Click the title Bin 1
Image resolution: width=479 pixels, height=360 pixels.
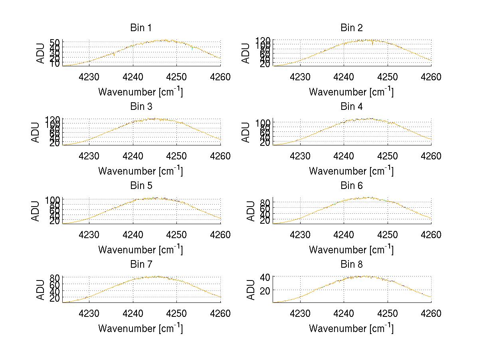pos(141,28)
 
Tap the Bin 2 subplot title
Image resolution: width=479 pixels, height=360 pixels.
pos(352,28)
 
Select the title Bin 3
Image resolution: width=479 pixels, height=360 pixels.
pos(141,107)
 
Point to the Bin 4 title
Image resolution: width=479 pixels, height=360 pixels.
pos(352,107)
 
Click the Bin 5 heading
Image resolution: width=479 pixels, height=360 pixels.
pos(141,186)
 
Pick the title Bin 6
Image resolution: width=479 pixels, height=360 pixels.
pos(352,186)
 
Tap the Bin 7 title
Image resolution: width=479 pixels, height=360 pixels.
pos(141,265)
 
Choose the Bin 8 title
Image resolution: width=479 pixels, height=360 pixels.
pos(352,265)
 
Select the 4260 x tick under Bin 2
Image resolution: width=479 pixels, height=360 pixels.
pos(430,77)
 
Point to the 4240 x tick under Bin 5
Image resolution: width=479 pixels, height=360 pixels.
pos(133,235)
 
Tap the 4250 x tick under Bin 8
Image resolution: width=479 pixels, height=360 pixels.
pos(387,314)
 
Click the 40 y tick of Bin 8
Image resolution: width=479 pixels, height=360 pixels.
pos(265,276)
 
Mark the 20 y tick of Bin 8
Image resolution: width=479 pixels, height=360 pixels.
pos(265,290)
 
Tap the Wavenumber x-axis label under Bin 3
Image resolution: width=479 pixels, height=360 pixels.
pos(141,171)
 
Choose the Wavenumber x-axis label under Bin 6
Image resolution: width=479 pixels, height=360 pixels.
pos(351,250)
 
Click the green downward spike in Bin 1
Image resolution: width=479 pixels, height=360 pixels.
pos(192,49)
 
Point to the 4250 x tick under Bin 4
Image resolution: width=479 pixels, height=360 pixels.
pos(387,156)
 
